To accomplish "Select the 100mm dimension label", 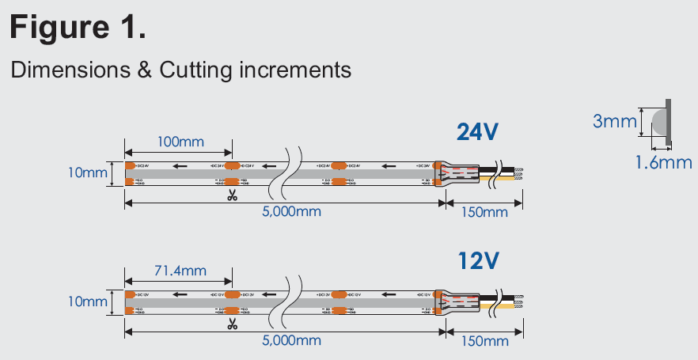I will pos(180,142).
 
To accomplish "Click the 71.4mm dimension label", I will pos(180,271).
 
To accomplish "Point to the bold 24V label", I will pos(477,131).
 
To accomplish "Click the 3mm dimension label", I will pos(615,121).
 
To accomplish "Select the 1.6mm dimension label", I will pos(663,163).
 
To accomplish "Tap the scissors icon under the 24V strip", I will pos(232,195).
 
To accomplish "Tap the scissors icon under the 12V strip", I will pos(232,324).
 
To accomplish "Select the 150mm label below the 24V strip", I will pos(484,212).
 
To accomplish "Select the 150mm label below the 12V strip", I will pos(484,341).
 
